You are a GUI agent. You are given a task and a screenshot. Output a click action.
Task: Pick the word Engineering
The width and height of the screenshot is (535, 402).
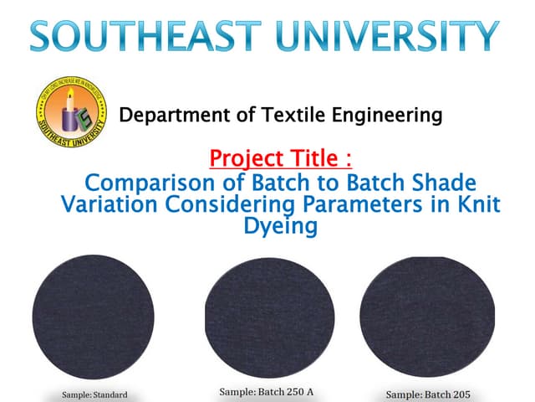click(x=388, y=115)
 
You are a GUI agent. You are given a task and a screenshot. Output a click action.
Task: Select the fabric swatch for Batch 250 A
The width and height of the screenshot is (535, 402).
click(x=269, y=317)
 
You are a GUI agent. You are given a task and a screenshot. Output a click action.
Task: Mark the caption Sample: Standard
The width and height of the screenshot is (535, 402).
click(x=94, y=394)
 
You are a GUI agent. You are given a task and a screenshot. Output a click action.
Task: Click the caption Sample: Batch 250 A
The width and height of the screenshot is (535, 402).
click(x=266, y=391)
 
